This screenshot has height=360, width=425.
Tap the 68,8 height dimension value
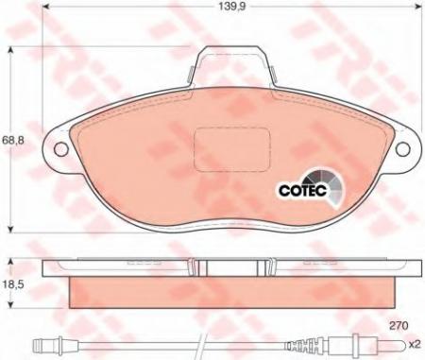tap(12, 140)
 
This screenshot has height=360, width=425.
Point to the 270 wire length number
tap(399, 325)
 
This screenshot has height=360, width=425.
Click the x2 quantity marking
tap(415, 345)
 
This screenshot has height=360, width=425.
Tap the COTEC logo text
tap(303, 190)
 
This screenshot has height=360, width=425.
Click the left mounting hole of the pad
tap(60, 148)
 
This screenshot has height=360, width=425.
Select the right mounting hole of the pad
tap(402, 149)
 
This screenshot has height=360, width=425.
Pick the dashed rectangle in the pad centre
tap(232, 149)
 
